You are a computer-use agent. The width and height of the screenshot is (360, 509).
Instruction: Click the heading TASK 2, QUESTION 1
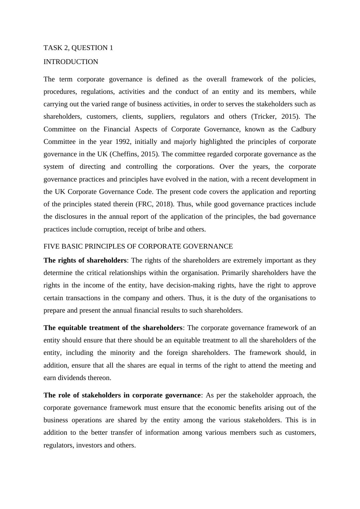pyautogui.click(x=78, y=48)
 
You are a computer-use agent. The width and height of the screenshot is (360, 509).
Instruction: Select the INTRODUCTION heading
pyautogui.click(x=71, y=62)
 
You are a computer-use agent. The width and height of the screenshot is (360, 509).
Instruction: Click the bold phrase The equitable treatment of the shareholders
pyautogui.click(x=113, y=328)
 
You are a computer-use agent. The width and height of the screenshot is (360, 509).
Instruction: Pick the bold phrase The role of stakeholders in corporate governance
pyautogui.click(x=122, y=395)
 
